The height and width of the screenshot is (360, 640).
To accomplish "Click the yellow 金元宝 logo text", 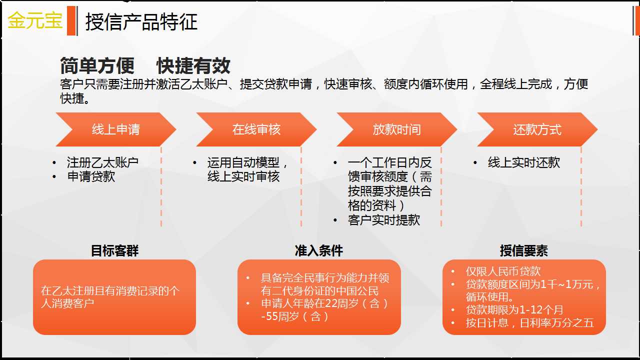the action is tap(35, 20).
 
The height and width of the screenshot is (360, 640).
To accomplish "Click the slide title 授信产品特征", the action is tap(141, 21).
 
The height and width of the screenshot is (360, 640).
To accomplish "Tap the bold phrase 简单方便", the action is tap(97, 65).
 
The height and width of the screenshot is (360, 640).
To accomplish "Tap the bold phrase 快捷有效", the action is tap(193, 65).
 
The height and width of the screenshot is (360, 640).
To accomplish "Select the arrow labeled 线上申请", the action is tap(115, 129).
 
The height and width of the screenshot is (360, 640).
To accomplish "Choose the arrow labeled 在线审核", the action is tap(256, 129).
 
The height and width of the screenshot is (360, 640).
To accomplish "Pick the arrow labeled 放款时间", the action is tap(396, 129).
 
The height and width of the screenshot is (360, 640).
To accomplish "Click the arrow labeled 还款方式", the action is tap(537, 129).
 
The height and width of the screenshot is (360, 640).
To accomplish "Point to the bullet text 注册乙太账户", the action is tap(102, 162).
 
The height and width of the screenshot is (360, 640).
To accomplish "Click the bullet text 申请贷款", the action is tap(91, 176).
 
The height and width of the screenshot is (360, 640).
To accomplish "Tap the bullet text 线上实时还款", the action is tap(524, 162).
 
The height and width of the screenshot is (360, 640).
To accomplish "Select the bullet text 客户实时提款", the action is tap(383, 220).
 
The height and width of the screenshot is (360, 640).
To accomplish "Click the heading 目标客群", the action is tap(114, 251).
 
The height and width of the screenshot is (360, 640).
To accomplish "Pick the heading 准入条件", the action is tap(319, 251).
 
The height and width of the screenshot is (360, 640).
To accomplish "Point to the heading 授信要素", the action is tap(523, 251).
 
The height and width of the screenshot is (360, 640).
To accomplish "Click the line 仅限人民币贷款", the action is tap(503, 271).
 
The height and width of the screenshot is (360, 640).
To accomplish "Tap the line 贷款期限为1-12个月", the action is tap(514, 309).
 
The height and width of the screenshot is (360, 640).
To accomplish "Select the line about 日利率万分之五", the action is tap(530, 323).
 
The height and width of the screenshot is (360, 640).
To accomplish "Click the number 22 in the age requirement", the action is tap(330, 303).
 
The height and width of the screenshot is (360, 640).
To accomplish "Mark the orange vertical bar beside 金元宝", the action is tap(71, 21).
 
